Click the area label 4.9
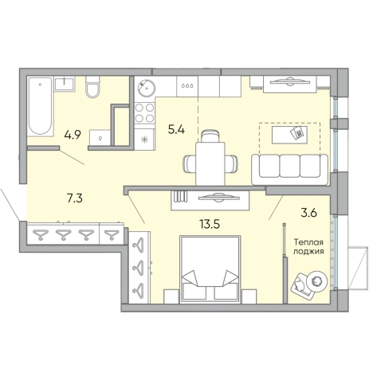click(x=73, y=135)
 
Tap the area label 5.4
click(x=176, y=130)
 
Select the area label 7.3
click(x=75, y=198)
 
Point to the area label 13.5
click(x=210, y=224)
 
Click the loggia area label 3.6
click(x=309, y=213)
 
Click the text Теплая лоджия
click(x=308, y=247)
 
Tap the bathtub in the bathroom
click(x=40, y=106)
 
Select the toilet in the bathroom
click(x=92, y=87)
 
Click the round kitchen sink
click(x=146, y=88)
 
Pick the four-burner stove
click(x=144, y=113)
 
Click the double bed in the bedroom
click(x=210, y=269)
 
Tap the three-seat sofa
click(x=289, y=169)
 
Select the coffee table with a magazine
click(x=289, y=135)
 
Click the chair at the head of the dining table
click(x=210, y=136)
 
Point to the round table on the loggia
click(x=316, y=281)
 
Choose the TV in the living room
click(x=289, y=81)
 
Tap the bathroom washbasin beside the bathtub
click(x=65, y=84)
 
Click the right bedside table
click(x=249, y=296)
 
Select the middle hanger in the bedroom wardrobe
click(x=139, y=265)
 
